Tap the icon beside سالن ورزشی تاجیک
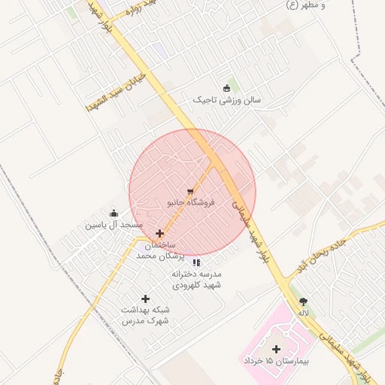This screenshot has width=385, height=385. [x=227, y=88]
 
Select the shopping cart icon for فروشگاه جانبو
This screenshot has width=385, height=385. [x=191, y=192]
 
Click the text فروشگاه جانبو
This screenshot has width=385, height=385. [x=191, y=203]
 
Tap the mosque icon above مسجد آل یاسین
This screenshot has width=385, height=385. [x=114, y=214]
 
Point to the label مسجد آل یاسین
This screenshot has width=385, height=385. [x=114, y=225]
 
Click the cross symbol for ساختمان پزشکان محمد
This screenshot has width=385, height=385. [x=159, y=233]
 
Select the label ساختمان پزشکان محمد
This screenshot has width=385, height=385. [x=156, y=250]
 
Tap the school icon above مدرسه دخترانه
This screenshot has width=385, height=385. [x=196, y=262]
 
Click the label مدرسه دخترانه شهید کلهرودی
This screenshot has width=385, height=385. [x=196, y=280]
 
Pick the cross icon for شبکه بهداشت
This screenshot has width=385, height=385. [x=145, y=299]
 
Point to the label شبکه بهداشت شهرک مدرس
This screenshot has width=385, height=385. [x=145, y=315]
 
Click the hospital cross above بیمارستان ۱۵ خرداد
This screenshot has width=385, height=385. [x=276, y=349]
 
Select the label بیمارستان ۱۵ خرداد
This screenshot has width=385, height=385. [x=276, y=362]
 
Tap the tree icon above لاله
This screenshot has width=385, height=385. [x=303, y=299]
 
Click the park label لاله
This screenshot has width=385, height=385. [x=303, y=311]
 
